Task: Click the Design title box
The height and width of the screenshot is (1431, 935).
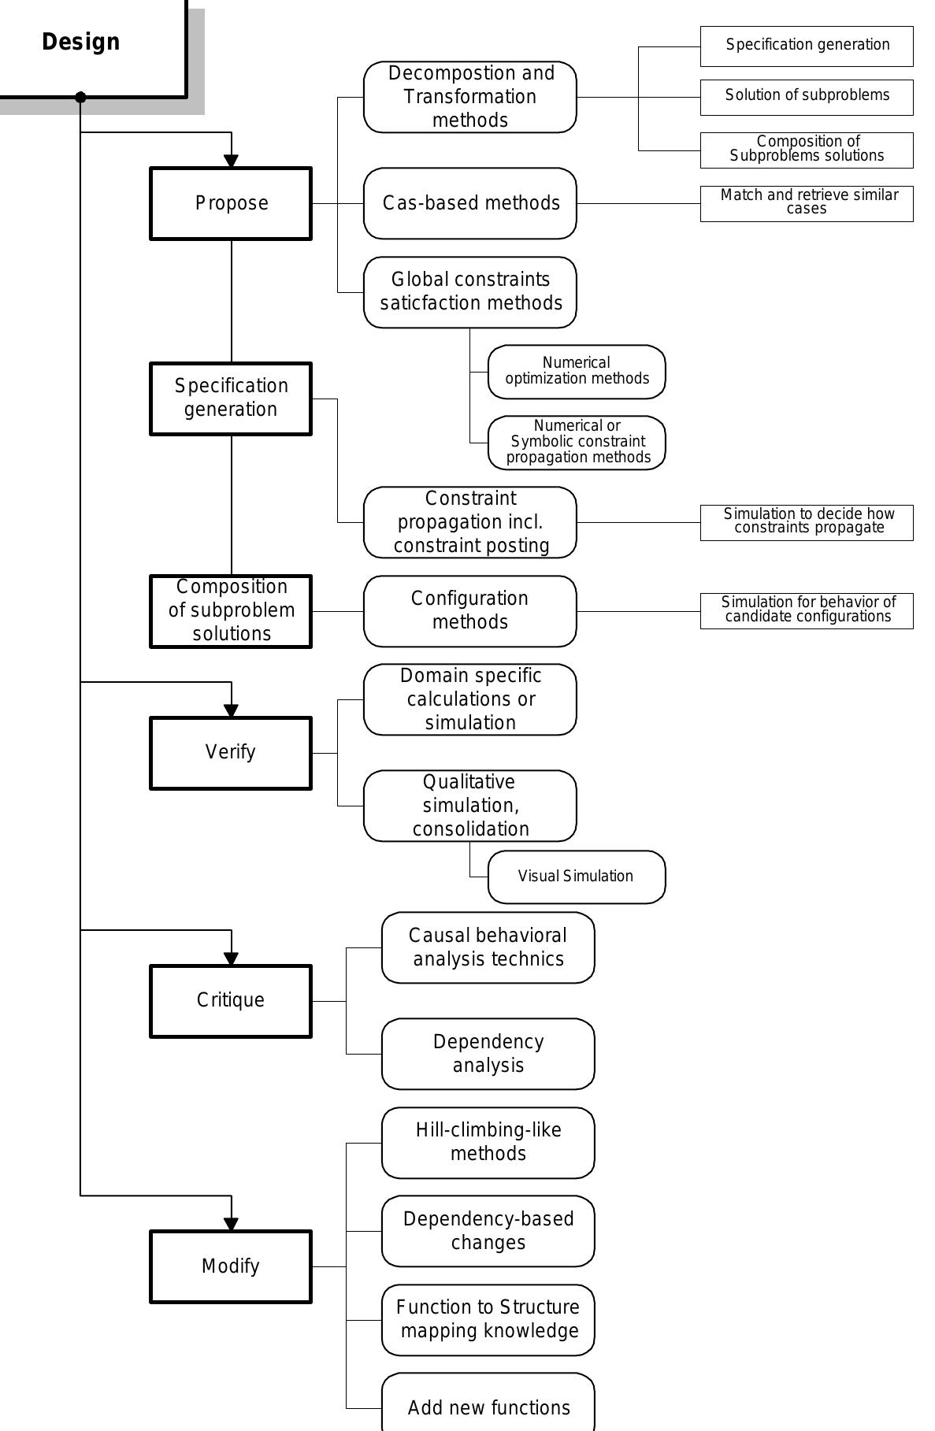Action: [87, 43]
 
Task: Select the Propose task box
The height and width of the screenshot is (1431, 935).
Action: [231, 203]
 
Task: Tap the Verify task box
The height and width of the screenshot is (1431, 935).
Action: [231, 752]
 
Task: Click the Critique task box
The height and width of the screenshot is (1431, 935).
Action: [231, 1000]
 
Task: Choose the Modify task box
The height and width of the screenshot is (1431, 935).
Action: [231, 1266]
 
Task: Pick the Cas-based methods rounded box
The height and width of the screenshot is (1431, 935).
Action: [470, 203]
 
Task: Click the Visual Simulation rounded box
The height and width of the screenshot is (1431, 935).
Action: [577, 877]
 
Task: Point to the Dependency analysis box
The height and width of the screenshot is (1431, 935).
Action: [488, 1054]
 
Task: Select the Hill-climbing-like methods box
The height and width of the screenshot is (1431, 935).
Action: [488, 1142]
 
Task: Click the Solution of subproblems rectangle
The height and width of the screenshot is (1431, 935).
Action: [807, 97]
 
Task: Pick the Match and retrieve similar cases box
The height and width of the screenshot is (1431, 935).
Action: [807, 203]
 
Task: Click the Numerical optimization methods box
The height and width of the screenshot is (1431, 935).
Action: [577, 372]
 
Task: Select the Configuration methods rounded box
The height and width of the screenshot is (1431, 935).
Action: [470, 610]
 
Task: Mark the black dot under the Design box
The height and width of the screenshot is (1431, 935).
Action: [80, 97]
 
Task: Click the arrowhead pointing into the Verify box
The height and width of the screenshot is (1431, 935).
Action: [231, 710]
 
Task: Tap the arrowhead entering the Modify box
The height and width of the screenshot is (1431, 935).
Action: [231, 1224]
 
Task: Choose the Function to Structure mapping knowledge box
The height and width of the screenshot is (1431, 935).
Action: [488, 1319]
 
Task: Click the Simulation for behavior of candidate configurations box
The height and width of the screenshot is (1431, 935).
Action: [807, 610]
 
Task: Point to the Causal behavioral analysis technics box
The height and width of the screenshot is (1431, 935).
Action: [488, 947]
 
